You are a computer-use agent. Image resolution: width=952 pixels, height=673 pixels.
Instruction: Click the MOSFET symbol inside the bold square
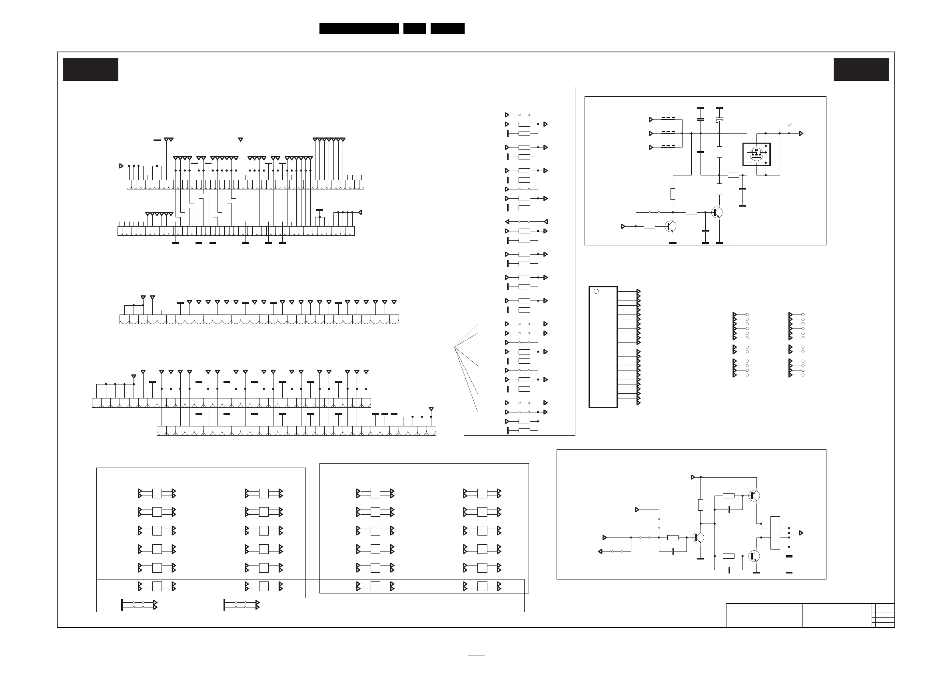click(x=756, y=154)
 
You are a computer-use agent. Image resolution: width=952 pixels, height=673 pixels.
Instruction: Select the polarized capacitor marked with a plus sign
click(x=719, y=120)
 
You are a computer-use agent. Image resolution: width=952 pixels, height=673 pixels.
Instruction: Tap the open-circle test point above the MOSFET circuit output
click(x=789, y=124)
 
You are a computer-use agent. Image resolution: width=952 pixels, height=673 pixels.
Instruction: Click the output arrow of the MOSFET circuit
click(x=802, y=133)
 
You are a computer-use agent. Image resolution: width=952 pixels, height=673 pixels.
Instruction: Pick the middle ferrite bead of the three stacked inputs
click(x=668, y=133)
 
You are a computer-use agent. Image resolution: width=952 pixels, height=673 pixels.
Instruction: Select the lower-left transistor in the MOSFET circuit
click(x=670, y=226)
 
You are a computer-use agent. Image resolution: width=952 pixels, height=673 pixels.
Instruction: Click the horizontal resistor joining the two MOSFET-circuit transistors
click(x=691, y=212)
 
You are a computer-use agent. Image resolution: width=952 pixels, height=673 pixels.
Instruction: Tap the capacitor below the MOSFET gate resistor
click(x=742, y=190)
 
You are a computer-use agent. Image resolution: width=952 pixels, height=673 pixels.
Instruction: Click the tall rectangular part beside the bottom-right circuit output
click(x=775, y=533)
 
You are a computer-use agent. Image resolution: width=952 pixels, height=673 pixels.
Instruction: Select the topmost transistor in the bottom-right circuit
click(x=754, y=495)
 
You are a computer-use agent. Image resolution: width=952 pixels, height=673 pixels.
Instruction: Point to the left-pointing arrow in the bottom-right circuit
click(x=600, y=552)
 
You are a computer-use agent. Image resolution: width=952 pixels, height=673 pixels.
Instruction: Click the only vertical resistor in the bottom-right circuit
click(x=701, y=505)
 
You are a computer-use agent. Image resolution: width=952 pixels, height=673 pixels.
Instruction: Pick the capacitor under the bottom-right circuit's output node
click(x=789, y=556)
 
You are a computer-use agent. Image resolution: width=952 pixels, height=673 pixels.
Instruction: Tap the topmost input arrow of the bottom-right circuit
click(x=693, y=478)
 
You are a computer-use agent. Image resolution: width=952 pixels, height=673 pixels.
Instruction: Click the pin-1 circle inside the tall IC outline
click(x=596, y=291)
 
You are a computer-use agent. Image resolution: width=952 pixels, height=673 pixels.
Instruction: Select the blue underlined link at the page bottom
click(x=476, y=658)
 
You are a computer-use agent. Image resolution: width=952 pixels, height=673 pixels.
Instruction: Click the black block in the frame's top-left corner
click(x=90, y=69)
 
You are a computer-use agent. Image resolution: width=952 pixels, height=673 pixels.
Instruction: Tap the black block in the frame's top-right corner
click(x=861, y=69)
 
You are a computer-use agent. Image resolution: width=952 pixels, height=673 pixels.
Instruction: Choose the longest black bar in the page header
click(x=359, y=28)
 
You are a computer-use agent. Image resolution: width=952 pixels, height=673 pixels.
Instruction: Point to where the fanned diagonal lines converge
click(x=455, y=347)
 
